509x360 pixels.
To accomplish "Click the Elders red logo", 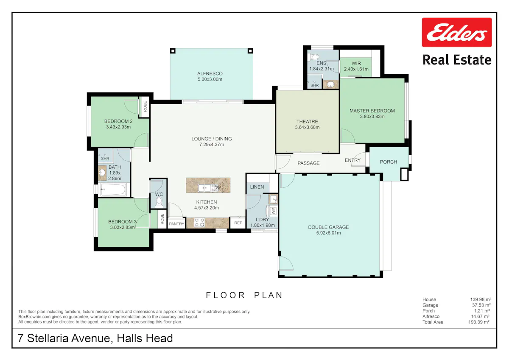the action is point(457,32).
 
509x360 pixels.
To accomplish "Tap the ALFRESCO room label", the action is point(210,74).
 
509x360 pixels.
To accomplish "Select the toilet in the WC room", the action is point(159,202).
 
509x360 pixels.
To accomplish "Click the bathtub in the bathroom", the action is point(113,190).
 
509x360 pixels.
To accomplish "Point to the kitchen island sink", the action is point(204,188).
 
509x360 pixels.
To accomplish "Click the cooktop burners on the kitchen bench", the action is point(200,223).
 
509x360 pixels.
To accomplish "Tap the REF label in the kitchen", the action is point(238,223).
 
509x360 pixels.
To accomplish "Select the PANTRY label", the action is point(176,224).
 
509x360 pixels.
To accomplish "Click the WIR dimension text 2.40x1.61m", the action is point(356,69).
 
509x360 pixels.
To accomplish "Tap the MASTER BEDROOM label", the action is point(372,111).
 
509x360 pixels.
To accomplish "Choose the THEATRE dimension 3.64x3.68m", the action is point(307,127).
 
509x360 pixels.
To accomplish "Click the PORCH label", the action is point(389,162).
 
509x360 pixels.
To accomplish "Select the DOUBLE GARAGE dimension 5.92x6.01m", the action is point(328,233).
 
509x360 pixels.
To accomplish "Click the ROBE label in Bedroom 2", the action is point(145,106).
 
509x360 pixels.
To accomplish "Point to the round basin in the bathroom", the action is point(103,173).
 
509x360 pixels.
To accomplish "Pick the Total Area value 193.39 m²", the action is point(478,322).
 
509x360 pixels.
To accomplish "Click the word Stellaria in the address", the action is point(47,338).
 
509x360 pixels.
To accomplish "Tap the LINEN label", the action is point(257,187).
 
